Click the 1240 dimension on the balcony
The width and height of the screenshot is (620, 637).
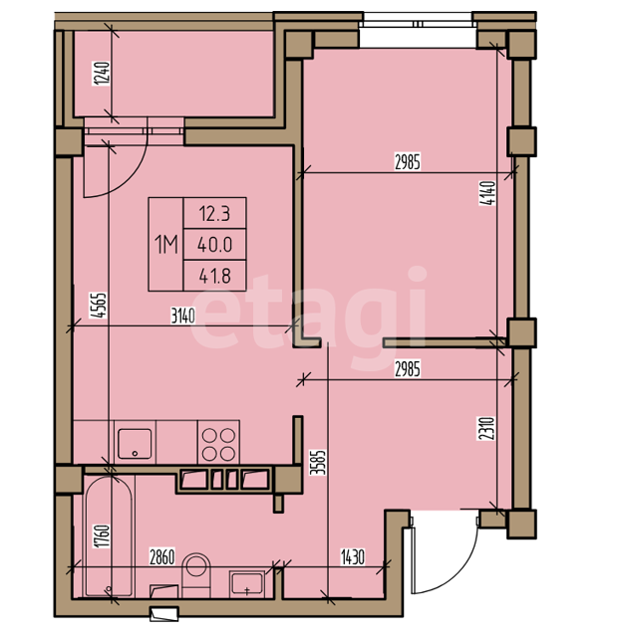point(102,73)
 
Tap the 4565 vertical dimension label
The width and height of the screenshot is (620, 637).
point(98,306)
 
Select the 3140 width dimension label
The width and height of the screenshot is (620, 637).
point(183,316)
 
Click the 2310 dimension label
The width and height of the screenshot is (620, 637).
point(487,428)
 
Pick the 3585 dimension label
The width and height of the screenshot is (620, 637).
point(318,462)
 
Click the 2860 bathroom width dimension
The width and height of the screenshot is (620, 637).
point(162,557)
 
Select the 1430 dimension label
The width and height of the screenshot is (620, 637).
point(353,557)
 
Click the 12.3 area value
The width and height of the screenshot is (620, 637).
point(214,214)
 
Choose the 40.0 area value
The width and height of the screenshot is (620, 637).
point(214,245)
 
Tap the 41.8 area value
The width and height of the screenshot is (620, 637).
point(214,277)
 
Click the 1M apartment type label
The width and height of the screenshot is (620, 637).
point(166,245)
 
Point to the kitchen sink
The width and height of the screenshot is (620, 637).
point(135,443)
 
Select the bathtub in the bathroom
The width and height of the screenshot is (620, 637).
point(109,536)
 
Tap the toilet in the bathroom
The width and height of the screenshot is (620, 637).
point(196,575)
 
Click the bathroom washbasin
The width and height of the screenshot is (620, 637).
point(247,584)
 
